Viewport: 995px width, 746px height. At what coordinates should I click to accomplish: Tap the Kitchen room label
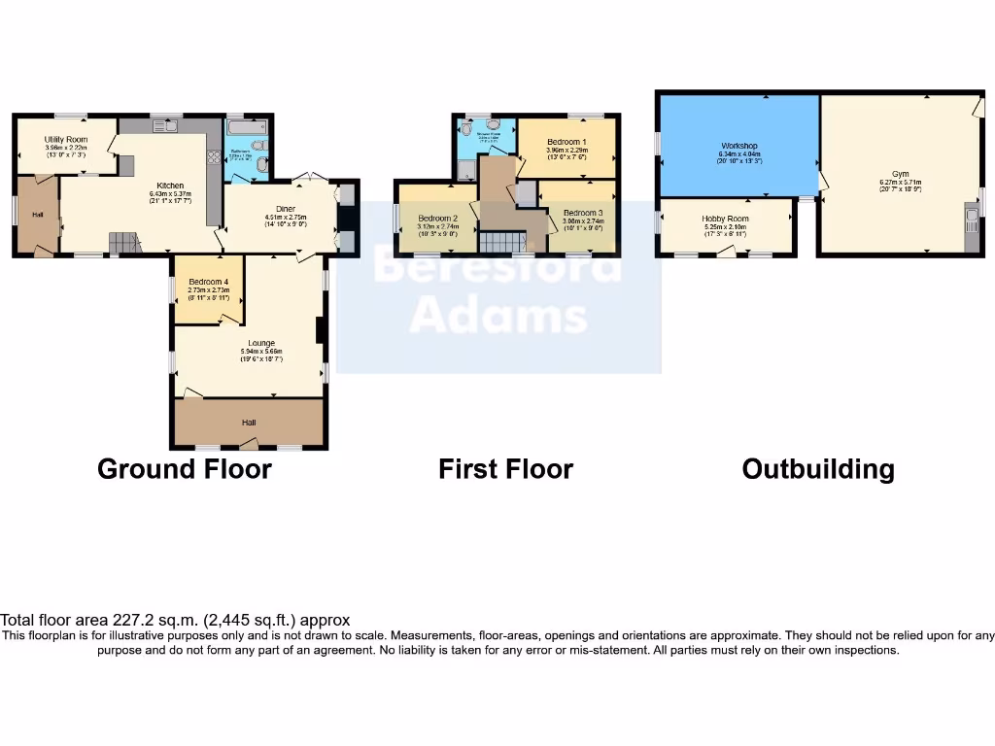[171, 186]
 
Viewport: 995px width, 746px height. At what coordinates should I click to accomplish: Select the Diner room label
[286, 208]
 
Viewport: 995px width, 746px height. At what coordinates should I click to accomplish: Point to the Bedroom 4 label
[208, 282]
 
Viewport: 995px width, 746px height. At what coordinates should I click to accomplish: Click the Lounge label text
[260, 343]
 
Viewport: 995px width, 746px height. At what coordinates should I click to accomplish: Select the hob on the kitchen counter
[213, 154]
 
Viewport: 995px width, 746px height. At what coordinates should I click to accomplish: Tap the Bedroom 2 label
[437, 218]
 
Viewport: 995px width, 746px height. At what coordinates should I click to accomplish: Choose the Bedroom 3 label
[583, 213]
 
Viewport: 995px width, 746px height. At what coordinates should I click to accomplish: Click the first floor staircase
[500, 242]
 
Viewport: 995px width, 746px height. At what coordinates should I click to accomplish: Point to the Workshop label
[738, 146]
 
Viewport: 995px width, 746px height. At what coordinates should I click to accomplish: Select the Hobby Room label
[726, 220]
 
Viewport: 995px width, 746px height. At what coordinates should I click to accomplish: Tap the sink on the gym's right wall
[971, 217]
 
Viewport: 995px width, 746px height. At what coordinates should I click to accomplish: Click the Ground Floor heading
[185, 469]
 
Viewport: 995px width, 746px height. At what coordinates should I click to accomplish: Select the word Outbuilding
[817, 469]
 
